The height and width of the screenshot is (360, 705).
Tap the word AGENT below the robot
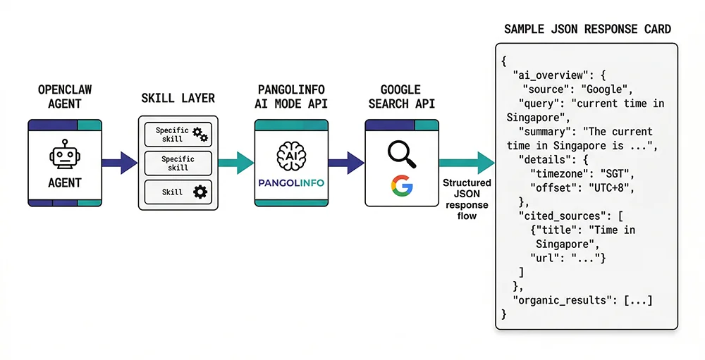point(64,182)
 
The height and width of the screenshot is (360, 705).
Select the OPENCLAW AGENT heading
point(65,97)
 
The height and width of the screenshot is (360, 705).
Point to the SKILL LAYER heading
point(178,98)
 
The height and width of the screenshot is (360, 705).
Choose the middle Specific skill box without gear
point(178,163)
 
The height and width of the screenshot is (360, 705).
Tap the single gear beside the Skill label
point(200,192)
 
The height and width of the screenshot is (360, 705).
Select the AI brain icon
point(291,154)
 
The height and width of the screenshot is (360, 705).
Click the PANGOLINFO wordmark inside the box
point(291,182)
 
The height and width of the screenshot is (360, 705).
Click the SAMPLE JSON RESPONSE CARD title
point(587,30)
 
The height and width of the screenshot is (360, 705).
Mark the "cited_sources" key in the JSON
point(560,216)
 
